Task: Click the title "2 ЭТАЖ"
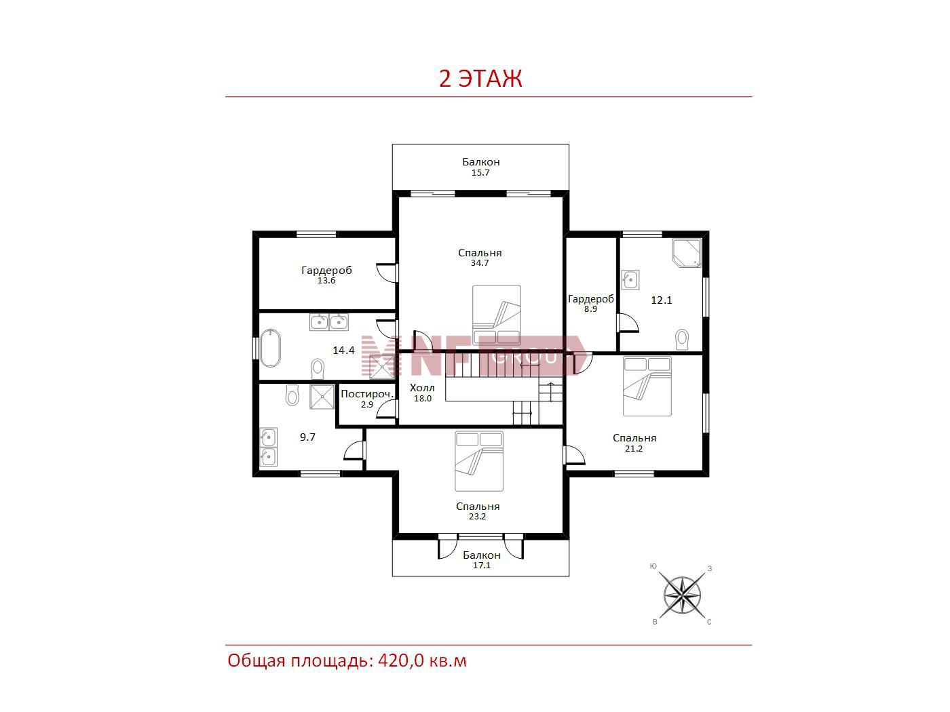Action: pyautogui.click(x=480, y=79)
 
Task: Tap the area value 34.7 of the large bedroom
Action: pyautogui.click(x=480, y=263)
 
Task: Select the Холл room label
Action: pyautogui.click(x=422, y=388)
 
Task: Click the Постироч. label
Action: pyautogui.click(x=368, y=394)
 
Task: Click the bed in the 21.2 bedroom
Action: pyautogui.click(x=647, y=386)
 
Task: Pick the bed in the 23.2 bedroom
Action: pyautogui.click(x=478, y=461)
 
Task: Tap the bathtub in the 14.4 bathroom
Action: pyautogui.click(x=271, y=349)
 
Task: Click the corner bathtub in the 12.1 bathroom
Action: pyautogui.click(x=687, y=254)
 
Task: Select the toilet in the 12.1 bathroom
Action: pyautogui.click(x=682, y=339)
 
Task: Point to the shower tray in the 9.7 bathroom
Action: pyautogui.click(x=322, y=397)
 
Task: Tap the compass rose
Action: pyautogui.click(x=682, y=596)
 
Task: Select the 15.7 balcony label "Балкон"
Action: pyautogui.click(x=481, y=162)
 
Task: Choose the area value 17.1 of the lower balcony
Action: pyautogui.click(x=481, y=566)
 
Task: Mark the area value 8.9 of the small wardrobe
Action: pyautogui.click(x=590, y=309)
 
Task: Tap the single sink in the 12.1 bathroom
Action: pyautogui.click(x=630, y=279)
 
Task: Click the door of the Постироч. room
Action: pyautogui.click(x=387, y=408)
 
